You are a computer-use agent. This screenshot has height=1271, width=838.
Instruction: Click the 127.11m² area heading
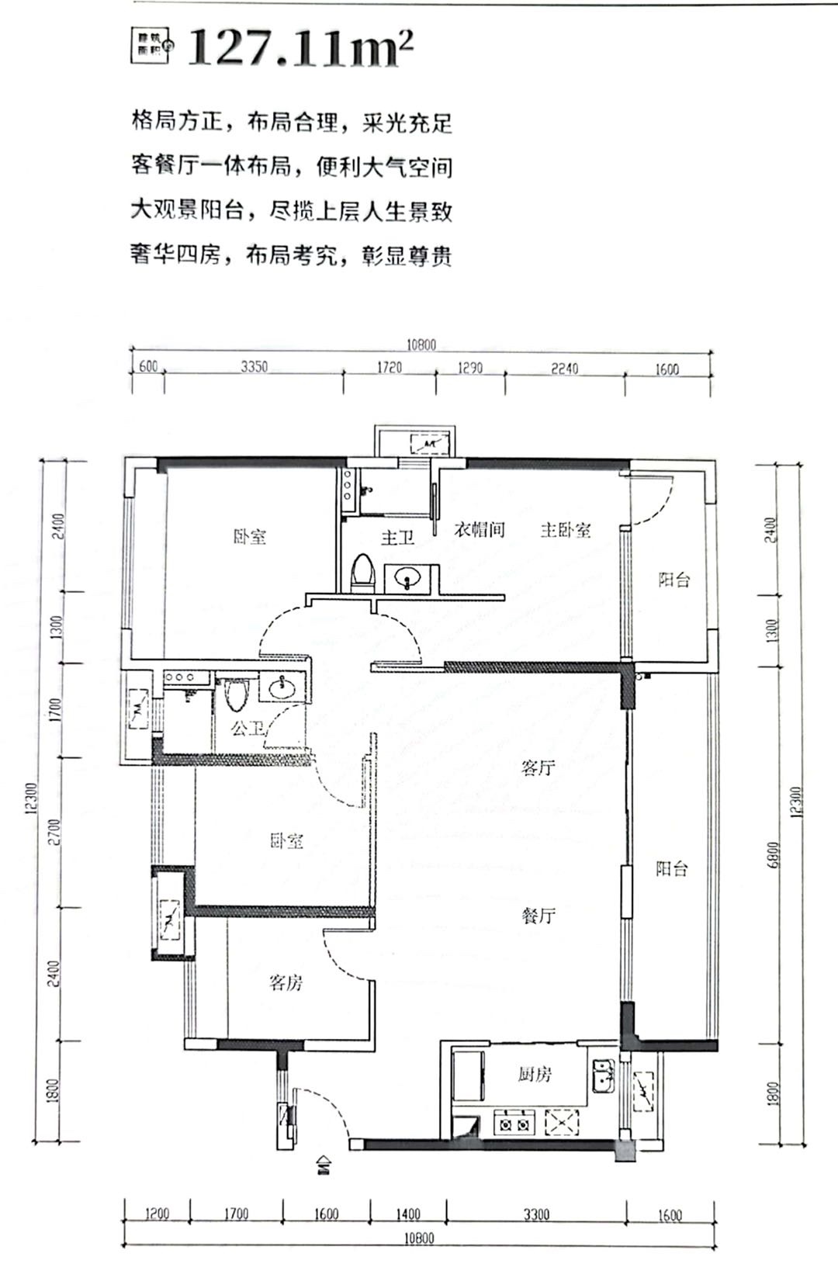click(x=301, y=48)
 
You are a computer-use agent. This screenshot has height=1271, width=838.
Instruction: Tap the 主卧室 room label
click(x=566, y=530)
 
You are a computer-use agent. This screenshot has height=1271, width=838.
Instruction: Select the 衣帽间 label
click(x=479, y=530)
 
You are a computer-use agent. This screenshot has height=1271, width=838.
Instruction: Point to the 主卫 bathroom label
click(x=397, y=537)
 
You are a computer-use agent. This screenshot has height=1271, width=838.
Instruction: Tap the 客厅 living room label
click(x=538, y=768)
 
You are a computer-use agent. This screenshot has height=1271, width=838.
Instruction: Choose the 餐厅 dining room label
click(x=538, y=916)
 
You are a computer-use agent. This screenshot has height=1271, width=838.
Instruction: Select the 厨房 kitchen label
click(x=535, y=1075)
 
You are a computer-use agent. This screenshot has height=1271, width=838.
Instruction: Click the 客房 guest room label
click(x=286, y=983)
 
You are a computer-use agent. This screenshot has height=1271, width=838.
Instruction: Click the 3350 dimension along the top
click(x=254, y=367)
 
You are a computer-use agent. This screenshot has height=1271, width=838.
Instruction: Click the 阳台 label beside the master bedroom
click(x=674, y=580)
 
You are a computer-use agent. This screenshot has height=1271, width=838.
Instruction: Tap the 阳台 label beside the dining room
click(x=671, y=868)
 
